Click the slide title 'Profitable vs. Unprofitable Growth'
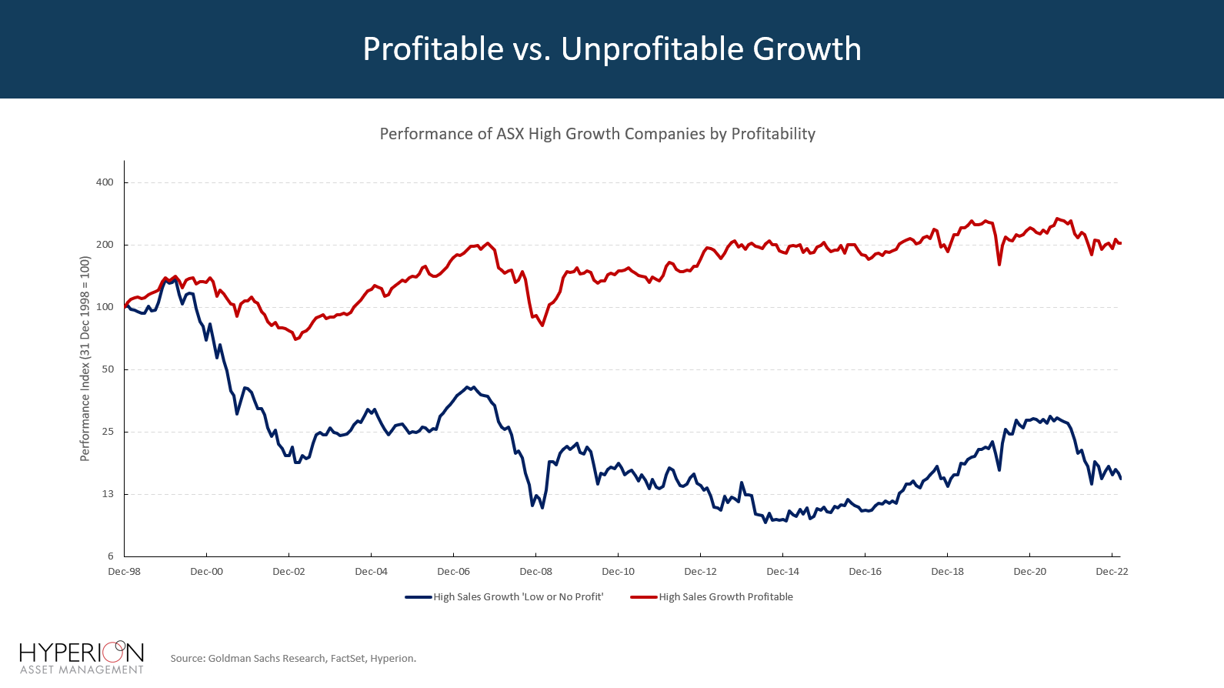click(612, 49)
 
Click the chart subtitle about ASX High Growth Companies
click(597, 134)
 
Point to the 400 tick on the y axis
click(105, 182)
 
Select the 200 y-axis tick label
click(105, 245)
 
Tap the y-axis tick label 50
click(108, 369)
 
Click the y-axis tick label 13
click(108, 494)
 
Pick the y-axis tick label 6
click(111, 556)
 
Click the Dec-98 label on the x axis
click(125, 572)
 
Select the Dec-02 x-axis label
click(288, 572)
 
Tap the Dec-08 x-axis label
click(535, 572)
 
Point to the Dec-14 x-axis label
click(782, 572)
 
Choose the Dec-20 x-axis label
click(1029, 572)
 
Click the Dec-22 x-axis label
click(1112, 572)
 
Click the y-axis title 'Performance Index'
click(85, 359)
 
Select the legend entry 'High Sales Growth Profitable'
click(725, 597)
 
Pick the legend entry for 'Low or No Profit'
click(518, 597)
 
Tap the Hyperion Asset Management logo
click(82, 657)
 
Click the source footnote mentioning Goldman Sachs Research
click(293, 659)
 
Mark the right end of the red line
click(1121, 243)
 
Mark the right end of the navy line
click(1121, 479)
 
